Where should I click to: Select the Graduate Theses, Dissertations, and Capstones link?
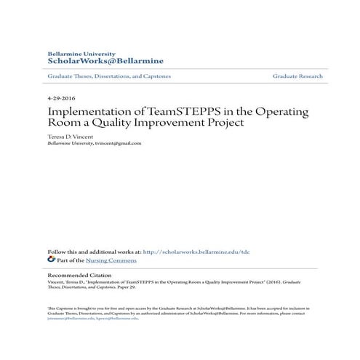108,76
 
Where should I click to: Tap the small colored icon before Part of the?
51,259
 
